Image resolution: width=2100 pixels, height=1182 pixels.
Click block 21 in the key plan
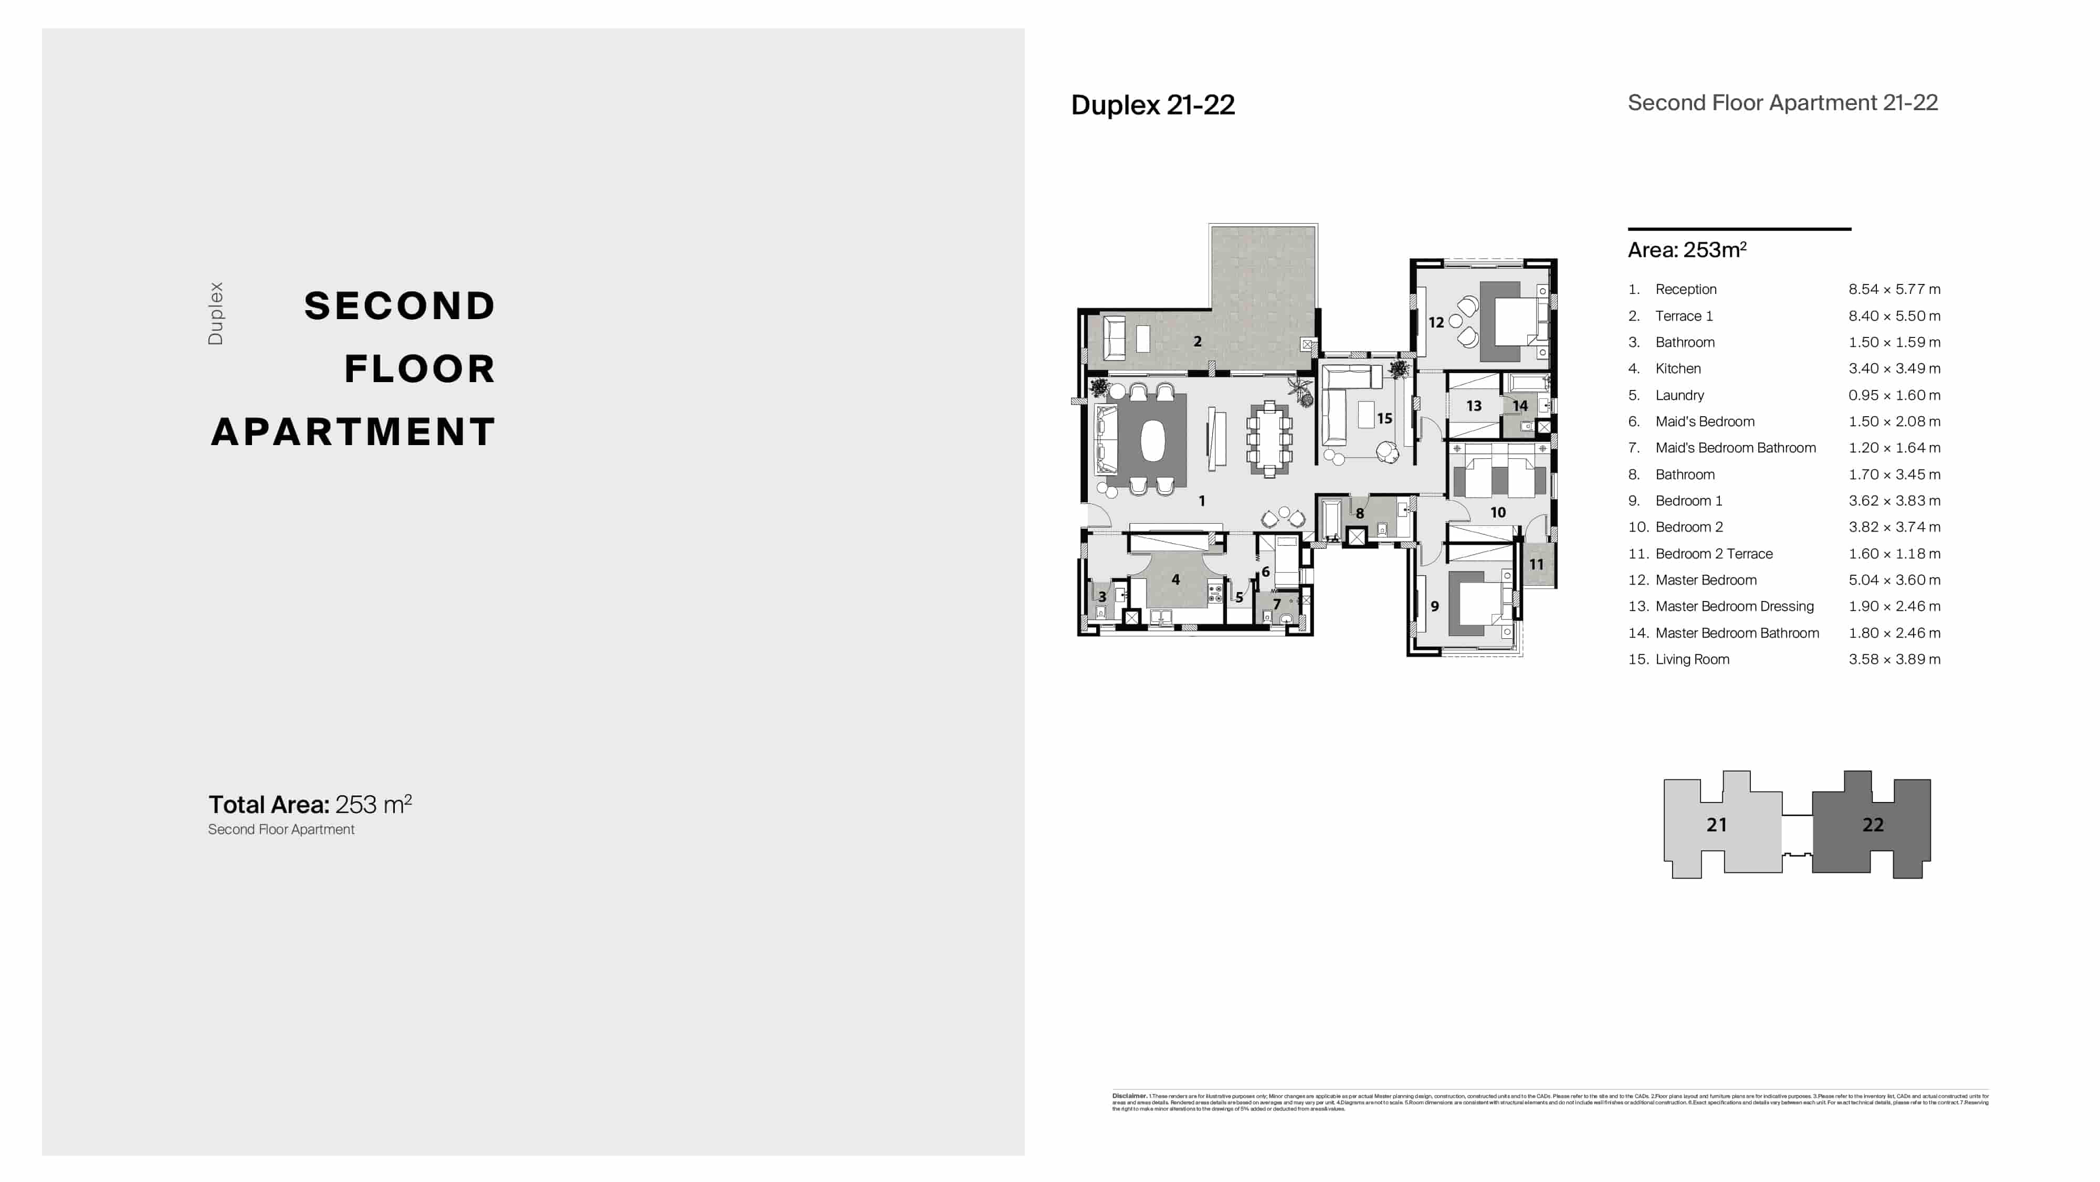click(x=1716, y=825)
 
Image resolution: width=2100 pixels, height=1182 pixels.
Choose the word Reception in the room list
click(x=1685, y=289)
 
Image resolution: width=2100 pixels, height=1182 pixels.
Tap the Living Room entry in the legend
click(x=1692, y=659)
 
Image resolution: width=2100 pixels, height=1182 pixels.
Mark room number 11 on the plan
click(x=1536, y=564)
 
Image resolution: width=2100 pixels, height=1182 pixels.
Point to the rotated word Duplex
click(x=215, y=314)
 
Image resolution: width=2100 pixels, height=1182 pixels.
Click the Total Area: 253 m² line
click(x=310, y=805)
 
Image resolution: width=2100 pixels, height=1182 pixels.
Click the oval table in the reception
click(x=1152, y=441)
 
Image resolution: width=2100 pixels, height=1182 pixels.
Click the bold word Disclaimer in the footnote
click(x=1129, y=1096)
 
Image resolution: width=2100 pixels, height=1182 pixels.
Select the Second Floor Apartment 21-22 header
click(x=1782, y=103)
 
